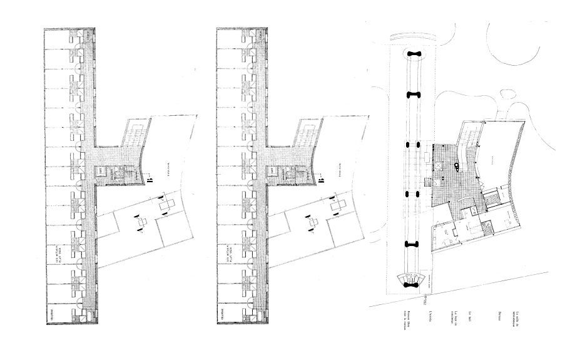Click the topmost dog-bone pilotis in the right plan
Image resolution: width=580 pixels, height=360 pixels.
point(414,54)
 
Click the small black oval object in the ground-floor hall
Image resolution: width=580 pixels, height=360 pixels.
point(457,167)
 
